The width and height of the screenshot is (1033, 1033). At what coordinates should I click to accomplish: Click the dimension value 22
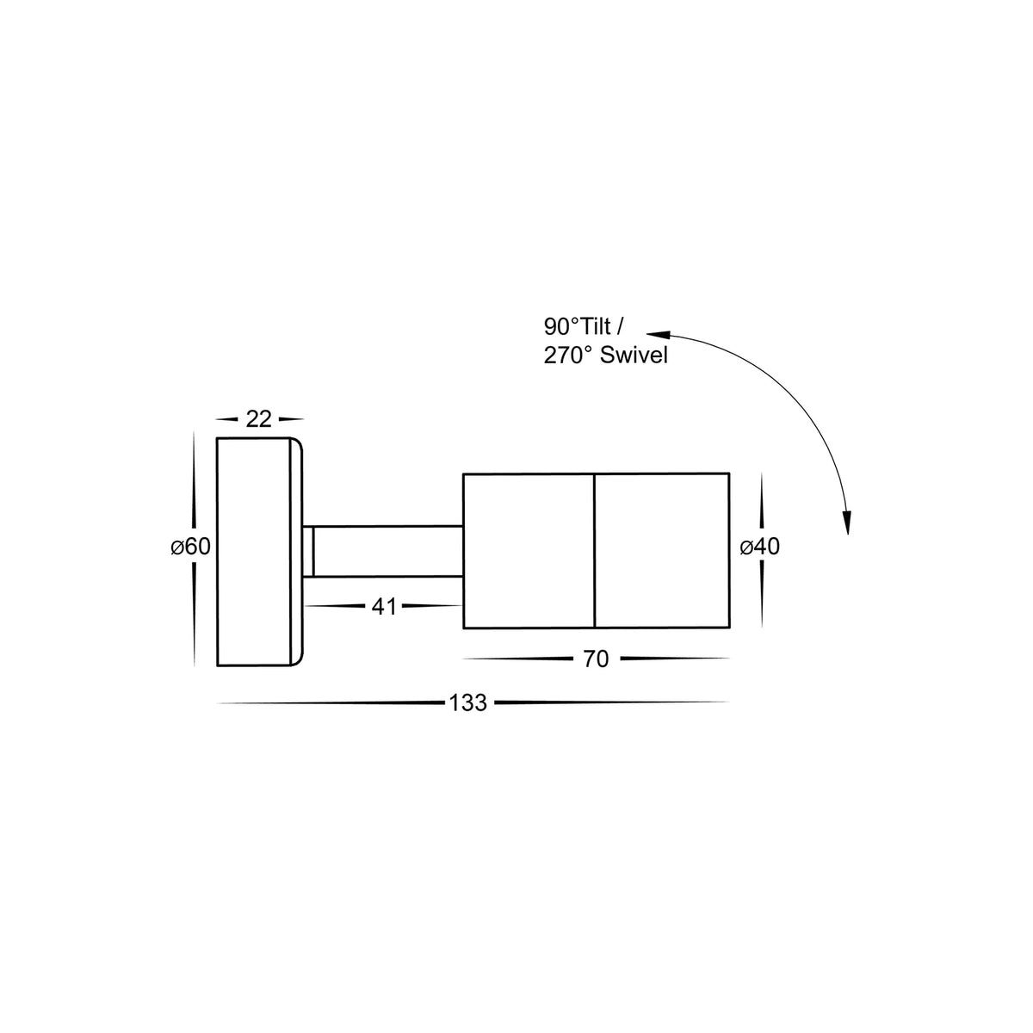coord(258,419)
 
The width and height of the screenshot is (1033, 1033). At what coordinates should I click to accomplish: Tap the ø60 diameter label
coord(190,547)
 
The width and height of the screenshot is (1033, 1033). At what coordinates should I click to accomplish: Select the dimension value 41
coord(384,607)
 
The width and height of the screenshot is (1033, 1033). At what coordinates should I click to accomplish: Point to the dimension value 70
coord(596,660)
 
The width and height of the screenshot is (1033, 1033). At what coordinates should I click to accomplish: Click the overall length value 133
coord(468,703)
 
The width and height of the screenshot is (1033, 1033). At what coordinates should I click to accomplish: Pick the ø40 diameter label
coord(760,547)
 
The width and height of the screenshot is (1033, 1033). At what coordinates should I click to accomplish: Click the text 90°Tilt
coord(578,327)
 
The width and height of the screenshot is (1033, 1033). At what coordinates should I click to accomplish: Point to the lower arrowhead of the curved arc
coord(847,523)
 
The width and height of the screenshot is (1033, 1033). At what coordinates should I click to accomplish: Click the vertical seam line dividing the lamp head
coord(595,551)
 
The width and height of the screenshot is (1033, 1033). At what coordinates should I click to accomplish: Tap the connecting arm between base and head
coord(387,551)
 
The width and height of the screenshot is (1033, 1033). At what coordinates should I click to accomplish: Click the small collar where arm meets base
coord(308,551)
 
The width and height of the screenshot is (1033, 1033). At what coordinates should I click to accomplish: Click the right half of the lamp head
coord(662,551)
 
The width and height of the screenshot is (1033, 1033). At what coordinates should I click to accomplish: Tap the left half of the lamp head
coord(529,551)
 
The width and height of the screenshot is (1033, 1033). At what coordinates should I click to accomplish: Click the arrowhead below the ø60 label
coord(195,654)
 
